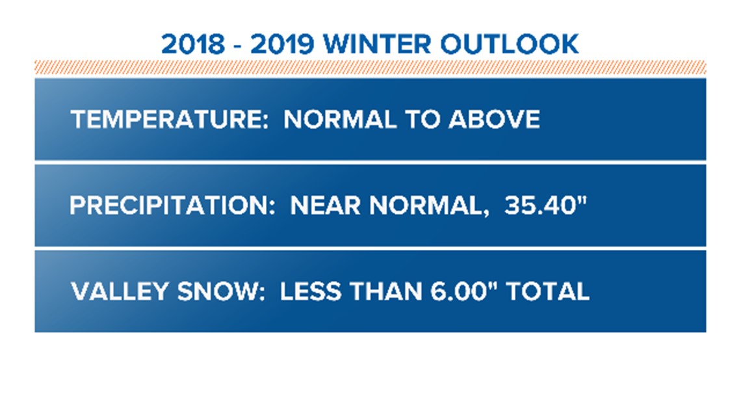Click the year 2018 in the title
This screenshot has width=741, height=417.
[193, 44]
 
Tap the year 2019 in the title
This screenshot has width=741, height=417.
[283, 44]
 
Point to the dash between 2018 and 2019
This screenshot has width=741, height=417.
[238, 46]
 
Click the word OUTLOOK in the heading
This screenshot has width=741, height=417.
[510, 44]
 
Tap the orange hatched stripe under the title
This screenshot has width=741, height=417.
[370, 67]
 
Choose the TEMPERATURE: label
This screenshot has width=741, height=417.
[170, 119]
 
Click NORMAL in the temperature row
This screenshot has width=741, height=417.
[340, 119]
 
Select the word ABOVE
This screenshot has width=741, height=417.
[494, 119]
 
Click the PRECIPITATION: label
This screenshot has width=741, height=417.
[172, 206]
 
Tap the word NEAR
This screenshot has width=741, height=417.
[325, 206]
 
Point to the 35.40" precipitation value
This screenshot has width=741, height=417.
[545, 205]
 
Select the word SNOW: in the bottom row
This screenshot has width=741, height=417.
[221, 291]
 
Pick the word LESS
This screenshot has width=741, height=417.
[311, 291]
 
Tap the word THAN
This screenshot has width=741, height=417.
[386, 291]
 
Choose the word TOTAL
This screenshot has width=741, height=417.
[548, 291]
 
